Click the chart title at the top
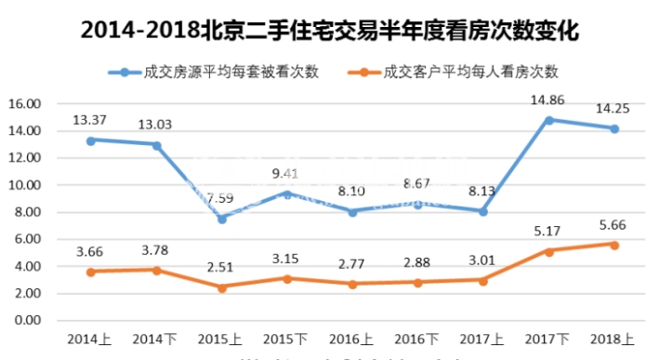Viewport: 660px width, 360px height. [330, 30]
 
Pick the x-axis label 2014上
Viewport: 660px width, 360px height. [90, 339]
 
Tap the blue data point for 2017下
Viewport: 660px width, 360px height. [550, 120]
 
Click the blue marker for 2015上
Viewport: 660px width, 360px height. [222, 219]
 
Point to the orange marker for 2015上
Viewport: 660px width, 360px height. [222, 287]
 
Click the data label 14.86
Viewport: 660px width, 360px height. [549, 99]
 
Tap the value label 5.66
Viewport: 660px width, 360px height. [614, 223]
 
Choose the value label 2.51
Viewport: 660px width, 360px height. [222, 266]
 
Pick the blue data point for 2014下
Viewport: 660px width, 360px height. [156, 145]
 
